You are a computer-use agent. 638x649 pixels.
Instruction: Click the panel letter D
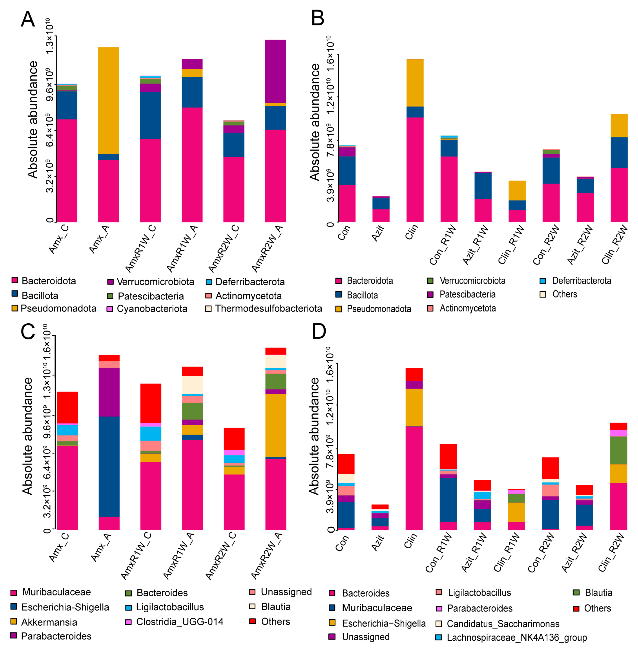(x=319, y=331)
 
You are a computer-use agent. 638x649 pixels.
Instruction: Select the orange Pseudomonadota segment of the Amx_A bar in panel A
(x=108, y=101)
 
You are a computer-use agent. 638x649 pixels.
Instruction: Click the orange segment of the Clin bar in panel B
(x=415, y=83)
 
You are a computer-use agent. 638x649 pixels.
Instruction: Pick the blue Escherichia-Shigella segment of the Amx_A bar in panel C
(x=109, y=466)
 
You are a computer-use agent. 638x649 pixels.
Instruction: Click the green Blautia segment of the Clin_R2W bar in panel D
(x=619, y=450)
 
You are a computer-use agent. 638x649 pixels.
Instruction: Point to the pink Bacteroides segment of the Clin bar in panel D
(x=414, y=478)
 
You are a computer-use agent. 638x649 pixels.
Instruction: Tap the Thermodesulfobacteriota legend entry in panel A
(x=268, y=309)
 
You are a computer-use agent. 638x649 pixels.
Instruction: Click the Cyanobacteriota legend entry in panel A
(x=152, y=309)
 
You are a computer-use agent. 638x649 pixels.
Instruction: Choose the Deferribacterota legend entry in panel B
(x=581, y=281)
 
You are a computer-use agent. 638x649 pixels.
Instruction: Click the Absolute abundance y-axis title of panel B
(x=315, y=122)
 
